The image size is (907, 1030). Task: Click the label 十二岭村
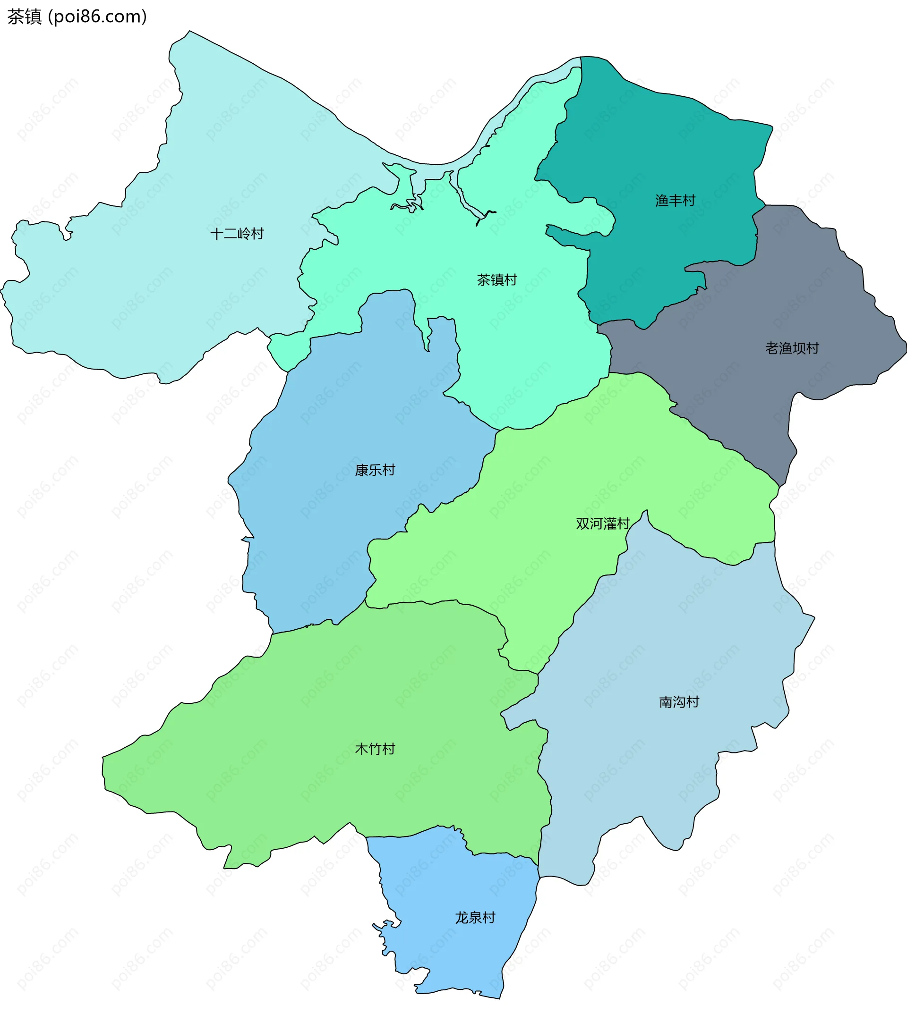tap(237, 234)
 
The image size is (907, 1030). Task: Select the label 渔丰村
tap(675, 201)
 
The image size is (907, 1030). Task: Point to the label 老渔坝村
tap(792, 348)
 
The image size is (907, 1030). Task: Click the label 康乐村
tap(375, 470)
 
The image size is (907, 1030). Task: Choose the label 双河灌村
tap(603, 523)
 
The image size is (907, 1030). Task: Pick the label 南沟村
tap(679, 702)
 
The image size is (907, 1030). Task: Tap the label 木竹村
tap(375, 749)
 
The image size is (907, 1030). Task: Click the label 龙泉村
tap(475, 918)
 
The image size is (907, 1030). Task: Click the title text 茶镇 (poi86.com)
tap(77, 17)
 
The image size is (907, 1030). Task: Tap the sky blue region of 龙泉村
tap(454, 957)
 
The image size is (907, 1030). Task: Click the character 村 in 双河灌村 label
tap(624, 523)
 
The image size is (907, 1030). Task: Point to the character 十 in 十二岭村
tap(217, 234)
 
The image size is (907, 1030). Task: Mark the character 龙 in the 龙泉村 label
tap(462, 918)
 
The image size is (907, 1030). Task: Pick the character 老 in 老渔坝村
tap(772, 348)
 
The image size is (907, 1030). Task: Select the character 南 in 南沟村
tap(666, 702)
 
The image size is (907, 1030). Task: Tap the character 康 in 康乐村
tap(361, 470)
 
